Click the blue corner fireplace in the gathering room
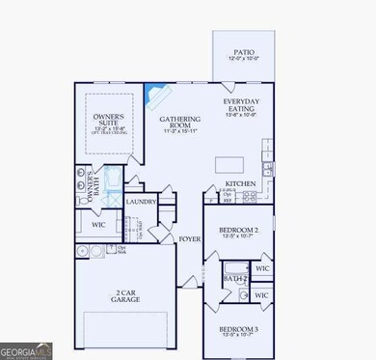(x=153, y=96)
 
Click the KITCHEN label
(x=239, y=182)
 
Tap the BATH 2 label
(x=229, y=278)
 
